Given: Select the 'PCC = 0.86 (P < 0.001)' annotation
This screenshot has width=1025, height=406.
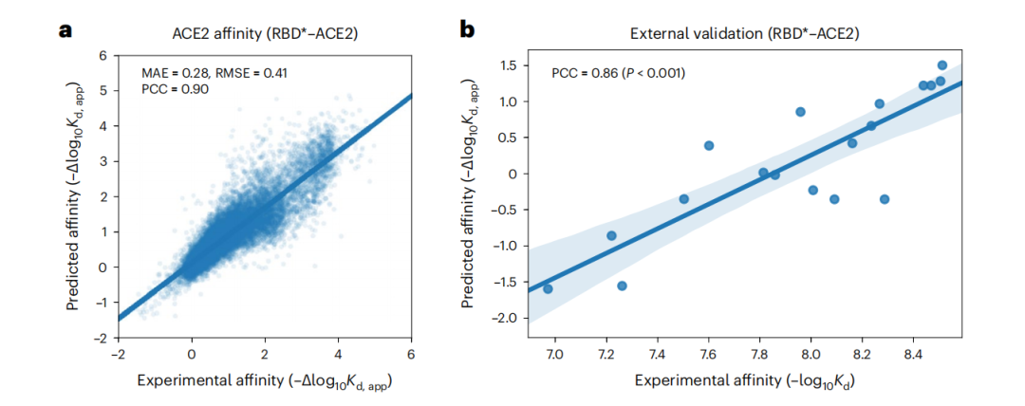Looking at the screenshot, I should (618, 73).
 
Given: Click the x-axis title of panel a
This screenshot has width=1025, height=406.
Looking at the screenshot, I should (265, 382).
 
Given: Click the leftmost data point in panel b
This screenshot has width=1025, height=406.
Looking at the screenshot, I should (548, 288).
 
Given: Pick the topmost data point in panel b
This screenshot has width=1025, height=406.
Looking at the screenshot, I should (941, 65).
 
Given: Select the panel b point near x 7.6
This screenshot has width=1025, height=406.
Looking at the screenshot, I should (708, 145).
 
